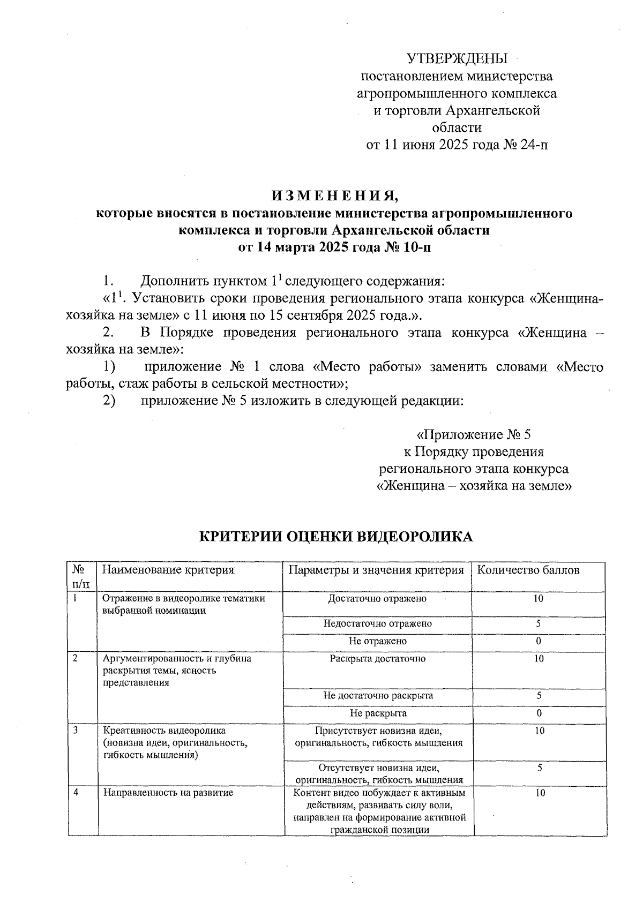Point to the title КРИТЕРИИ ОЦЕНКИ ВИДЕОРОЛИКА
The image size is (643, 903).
pos(336,537)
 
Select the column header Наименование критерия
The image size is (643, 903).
pos(168,570)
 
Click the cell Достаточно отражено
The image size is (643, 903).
pos(377,599)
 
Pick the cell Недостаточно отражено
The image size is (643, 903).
pos(377,623)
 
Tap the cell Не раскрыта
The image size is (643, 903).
pos(378,713)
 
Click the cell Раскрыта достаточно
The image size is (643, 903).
pos(378,659)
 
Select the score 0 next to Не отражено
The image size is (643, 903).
pos(539,641)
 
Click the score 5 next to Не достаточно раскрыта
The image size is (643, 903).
pos(539,696)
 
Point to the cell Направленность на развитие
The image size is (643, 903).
pos(168,793)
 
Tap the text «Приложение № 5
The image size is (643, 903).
pos(474,434)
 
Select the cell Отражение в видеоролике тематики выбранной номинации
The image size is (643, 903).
pos(184,604)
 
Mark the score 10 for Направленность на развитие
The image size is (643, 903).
pos(540,793)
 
